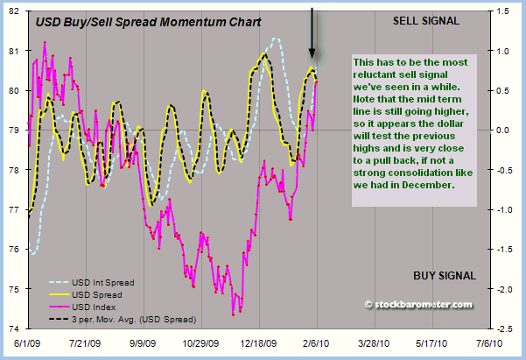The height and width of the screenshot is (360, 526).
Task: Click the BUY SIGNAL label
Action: [x=445, y=276]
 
